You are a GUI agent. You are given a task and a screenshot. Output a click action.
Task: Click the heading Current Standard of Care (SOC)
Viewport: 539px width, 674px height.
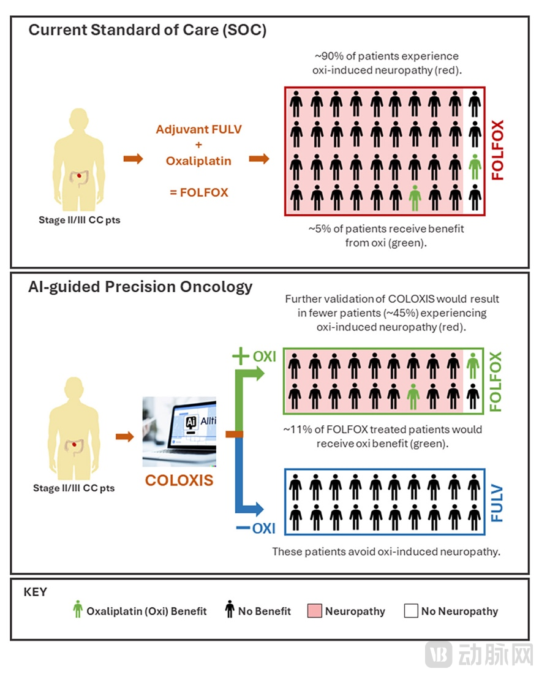point(148,31)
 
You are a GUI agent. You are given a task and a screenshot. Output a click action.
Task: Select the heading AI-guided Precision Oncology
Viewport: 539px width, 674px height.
point(140,287)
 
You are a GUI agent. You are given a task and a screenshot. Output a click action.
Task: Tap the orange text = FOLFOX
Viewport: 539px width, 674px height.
point(199,192)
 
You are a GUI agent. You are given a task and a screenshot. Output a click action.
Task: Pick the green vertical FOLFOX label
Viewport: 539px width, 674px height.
point(496,381)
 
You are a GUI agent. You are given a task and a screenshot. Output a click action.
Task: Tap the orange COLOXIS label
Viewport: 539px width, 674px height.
point(179,480)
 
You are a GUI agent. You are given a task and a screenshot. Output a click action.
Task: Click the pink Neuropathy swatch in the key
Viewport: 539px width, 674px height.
point(314,611)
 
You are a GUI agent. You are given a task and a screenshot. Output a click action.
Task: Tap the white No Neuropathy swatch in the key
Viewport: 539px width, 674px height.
point(411,611)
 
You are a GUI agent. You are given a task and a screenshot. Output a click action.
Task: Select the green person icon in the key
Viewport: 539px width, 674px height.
point(77,610)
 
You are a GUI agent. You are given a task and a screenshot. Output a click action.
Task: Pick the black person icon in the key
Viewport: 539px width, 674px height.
point(229,610)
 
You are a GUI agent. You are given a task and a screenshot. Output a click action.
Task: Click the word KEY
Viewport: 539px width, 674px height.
point(35,593)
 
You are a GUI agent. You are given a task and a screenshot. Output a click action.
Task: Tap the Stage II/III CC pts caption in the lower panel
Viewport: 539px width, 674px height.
point(73,488)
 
